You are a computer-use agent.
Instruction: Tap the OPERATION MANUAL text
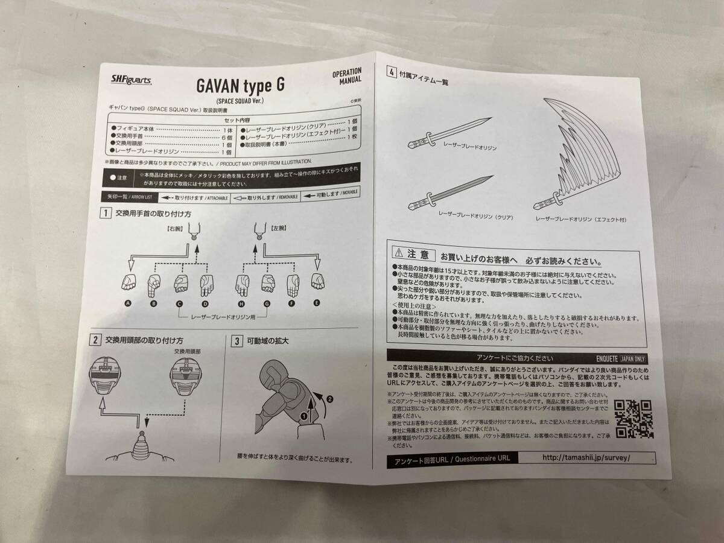pyautogui.click(x=347, y=75)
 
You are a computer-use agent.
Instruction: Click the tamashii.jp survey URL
pyautogui.click(x=586, y=457)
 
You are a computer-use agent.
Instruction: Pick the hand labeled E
pyautogui.click(x=317, y=282)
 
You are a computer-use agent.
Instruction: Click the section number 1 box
pyautogui.click(x=105, y=213)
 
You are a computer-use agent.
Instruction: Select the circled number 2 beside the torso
pyautogui.click(x=329, y=399)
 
